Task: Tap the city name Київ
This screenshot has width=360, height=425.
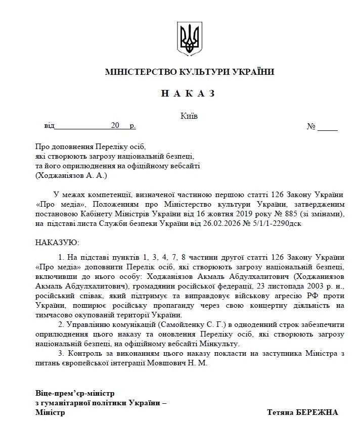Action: (189, 116)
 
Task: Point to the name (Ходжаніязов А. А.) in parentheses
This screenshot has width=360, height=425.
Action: (71, 175)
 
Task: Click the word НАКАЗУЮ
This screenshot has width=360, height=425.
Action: (57, 243)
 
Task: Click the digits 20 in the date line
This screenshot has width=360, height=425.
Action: (116, 125)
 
